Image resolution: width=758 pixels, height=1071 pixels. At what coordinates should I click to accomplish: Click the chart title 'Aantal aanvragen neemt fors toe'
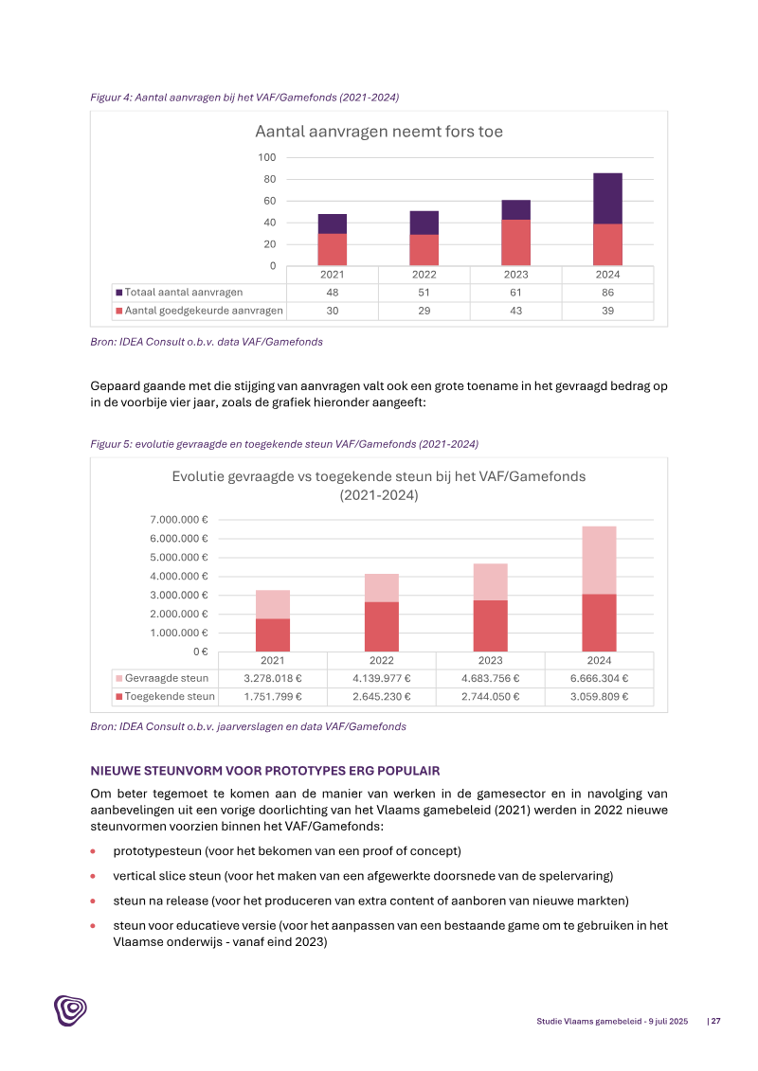pos(379,132)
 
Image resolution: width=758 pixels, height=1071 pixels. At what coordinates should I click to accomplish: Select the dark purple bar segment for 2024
pos(607,198)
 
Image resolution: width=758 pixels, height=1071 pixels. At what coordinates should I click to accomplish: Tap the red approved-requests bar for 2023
pos(516,242)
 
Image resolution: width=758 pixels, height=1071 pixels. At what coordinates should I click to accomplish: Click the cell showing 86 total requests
pos(607,293)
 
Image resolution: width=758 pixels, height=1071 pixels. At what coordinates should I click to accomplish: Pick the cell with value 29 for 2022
pos(424,312)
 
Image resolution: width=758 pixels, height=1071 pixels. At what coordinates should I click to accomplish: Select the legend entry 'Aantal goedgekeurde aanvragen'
pos(198,312)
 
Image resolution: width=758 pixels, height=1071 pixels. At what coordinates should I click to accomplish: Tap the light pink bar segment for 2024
pos(599,560)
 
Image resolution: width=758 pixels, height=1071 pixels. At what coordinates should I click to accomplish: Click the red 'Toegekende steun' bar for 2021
pos(273,635)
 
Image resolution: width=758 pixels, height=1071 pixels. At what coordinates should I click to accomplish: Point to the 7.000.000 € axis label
pos(179,520)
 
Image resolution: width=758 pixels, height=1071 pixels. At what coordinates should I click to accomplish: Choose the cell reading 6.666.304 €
pos(599,678)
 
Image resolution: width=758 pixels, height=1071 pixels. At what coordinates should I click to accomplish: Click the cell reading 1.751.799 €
pos(273,697)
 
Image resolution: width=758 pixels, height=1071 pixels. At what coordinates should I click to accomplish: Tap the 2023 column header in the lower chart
pos(490,660)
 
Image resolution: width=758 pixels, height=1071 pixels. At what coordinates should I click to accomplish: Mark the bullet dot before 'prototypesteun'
pos(93,850)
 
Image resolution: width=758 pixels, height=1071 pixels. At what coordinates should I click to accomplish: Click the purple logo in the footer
pos(70,1010)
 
